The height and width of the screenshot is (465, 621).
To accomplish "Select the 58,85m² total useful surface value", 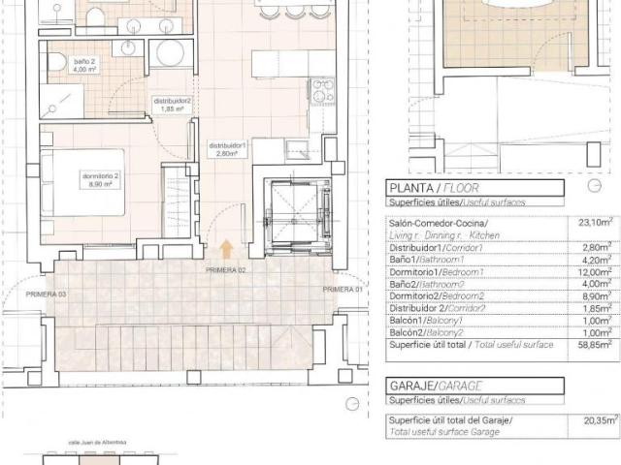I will [x=596, y=371].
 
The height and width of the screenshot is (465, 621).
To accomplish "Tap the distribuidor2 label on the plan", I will [x=173, y=104].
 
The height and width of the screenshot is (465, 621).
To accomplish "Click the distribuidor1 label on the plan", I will [x=229, y=148].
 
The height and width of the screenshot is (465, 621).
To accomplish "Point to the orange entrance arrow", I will [x=226, y=250].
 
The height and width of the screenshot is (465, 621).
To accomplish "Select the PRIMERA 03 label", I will [x=48, y=293].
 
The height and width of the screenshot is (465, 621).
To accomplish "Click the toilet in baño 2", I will [x=56, y=63].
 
